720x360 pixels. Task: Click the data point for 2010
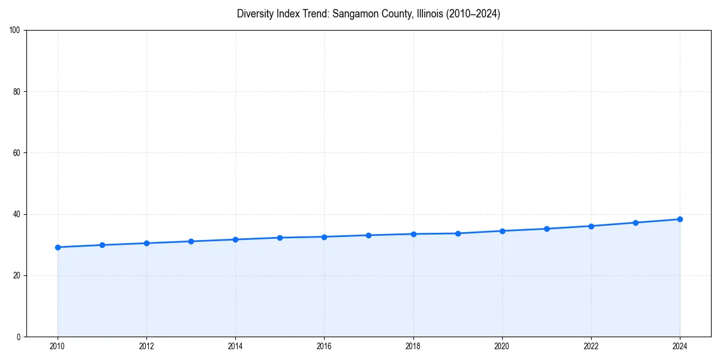[58, 247]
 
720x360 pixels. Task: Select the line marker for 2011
[102, 245]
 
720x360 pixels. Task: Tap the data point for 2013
[191, 241]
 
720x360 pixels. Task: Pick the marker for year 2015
[280, 238]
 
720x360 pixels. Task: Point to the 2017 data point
[368, 235]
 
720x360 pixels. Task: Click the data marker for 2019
[458, 233]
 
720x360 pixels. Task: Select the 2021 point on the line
[547, 229]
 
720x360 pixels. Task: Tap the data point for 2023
[635, 223]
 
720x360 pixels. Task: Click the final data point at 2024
[680, 219]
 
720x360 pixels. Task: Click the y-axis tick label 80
[17, 92]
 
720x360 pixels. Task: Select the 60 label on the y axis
[17, 153]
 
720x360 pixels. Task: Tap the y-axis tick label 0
[19, 337]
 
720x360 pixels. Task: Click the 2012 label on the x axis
[146, 346]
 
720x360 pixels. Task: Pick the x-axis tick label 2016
[324, 346]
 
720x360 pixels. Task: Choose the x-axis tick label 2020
[502, 346]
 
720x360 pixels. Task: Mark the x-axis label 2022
[591, 346]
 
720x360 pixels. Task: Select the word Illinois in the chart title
[429, 14]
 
